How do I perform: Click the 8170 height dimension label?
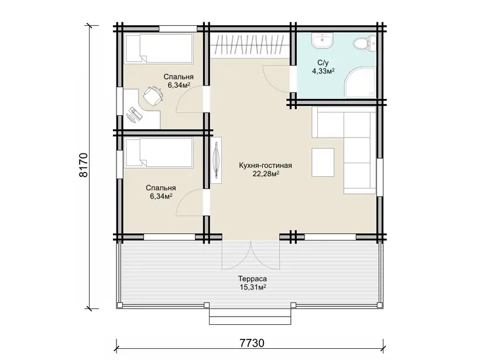[x=83, y=164]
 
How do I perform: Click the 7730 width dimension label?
[x=252, y=343]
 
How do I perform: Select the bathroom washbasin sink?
[x=322, y=41]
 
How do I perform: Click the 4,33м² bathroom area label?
[x=323, y=71]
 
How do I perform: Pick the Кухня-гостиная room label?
[x=265, y=166]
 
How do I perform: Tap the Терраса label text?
[x=252, y=279]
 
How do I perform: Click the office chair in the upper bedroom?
[x=153, y=95]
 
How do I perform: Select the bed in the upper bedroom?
[x=159, y=49]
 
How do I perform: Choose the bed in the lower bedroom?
[x=159, y=152]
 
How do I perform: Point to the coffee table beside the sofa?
[x=323, y=162]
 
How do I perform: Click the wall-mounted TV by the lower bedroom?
[x=217, y=160]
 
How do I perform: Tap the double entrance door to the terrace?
[x=251, y=255]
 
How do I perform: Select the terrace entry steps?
[x=250, y=316]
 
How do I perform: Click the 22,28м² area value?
[x=266, y=174]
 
